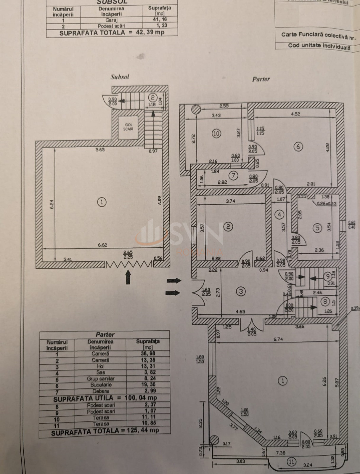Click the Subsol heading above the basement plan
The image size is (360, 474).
point(120,77)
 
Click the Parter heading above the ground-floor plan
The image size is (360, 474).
point(261,79)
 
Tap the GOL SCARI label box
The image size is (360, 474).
point(128,127)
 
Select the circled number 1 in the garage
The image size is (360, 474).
point(102,202)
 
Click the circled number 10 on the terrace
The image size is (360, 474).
point(216,134)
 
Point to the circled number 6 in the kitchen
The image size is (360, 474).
point(298,146)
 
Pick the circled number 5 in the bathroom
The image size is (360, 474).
point(317,228)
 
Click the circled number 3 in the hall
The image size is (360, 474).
point(241,292)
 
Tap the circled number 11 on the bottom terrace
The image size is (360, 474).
point(291,462)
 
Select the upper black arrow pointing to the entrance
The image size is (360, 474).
point(173,281)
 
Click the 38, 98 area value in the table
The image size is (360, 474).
point(148,353)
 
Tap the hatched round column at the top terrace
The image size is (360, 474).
point(195,110)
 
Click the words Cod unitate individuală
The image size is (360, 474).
point(319,46)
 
